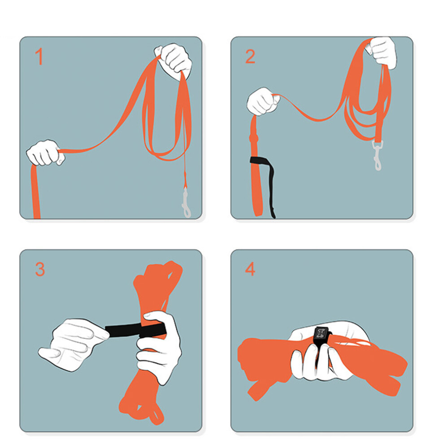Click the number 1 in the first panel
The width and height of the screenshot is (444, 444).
click(x=39, y=56)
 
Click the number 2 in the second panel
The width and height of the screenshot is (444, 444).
click(x=250, y=57)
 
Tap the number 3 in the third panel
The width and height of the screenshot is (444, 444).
click(x=40, y=269)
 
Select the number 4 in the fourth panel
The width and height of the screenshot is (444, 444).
click(x=250, y=269)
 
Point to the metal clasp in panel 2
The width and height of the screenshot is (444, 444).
click(x=378, y=156)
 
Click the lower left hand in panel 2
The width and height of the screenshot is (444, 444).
click(x=263, y=101)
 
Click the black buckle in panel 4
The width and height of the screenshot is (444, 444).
click(x=322, y=336)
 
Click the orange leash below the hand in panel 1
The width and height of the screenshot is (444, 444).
click(x=35, y=192)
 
